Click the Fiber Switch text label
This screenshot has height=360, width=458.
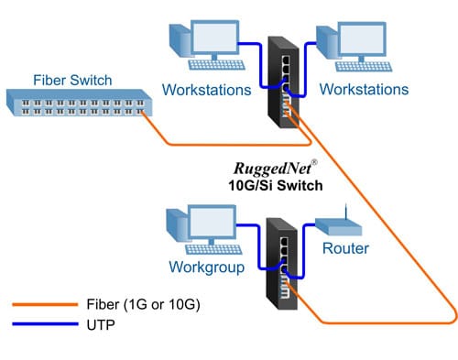click(67, 79)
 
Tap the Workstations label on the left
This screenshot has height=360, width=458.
click(206, 91)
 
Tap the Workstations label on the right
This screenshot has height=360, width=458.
click(365, 91)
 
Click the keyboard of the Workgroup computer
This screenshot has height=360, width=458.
click(219, 248)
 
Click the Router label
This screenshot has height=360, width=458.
click(345, 248)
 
